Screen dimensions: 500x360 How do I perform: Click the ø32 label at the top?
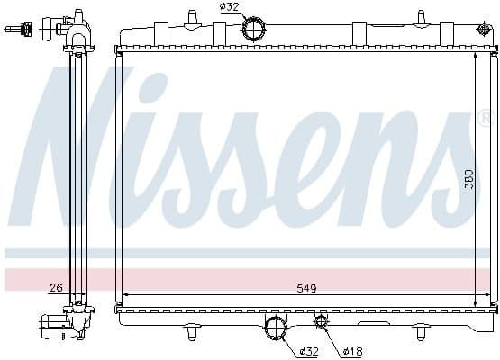pos(229,7)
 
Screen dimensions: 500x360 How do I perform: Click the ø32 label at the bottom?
pos(309,351)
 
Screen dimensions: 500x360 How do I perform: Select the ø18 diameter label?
pos(353,351)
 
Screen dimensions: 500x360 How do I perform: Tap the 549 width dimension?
pos(307,289)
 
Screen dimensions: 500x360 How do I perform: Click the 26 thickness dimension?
pos(57,288)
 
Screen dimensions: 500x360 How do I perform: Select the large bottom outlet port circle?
pos(275,328)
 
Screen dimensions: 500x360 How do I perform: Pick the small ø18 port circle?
pos(321,321)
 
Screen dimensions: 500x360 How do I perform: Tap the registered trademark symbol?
pos(489,117)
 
